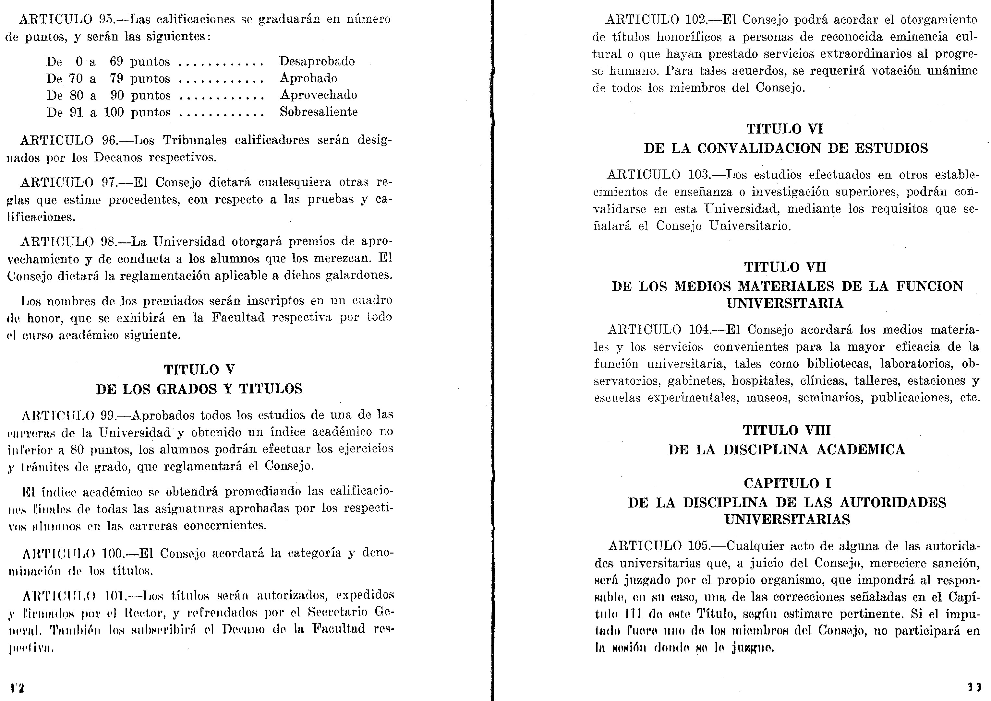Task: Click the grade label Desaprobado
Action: (317, 61)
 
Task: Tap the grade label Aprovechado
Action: (318, 95)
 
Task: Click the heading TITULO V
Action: (199, 369)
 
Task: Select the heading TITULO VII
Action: (785, 267)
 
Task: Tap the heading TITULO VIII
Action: (787, 430)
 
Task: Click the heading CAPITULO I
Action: (787, 483)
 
